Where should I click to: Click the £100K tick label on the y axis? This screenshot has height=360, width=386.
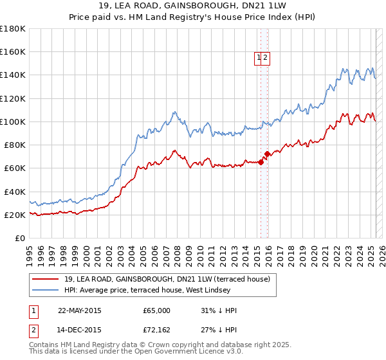click(x=13, y=122)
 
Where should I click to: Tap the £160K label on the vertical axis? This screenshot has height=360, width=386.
click(x=13, y=51)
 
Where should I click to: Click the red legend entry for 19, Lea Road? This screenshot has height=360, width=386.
click(x=170, y=279)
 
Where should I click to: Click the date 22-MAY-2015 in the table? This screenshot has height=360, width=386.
click(x=80, y=310)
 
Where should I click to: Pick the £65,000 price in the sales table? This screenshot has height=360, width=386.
click(x=156, y=310)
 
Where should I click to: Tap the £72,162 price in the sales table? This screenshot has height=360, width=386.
click(x=156, y=331)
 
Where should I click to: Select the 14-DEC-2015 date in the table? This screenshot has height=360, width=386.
click(x=79, y=331)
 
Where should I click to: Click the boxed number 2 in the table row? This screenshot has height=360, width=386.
click(x=33, y=331)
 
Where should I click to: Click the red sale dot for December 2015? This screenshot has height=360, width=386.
click(x=268, y=154)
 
